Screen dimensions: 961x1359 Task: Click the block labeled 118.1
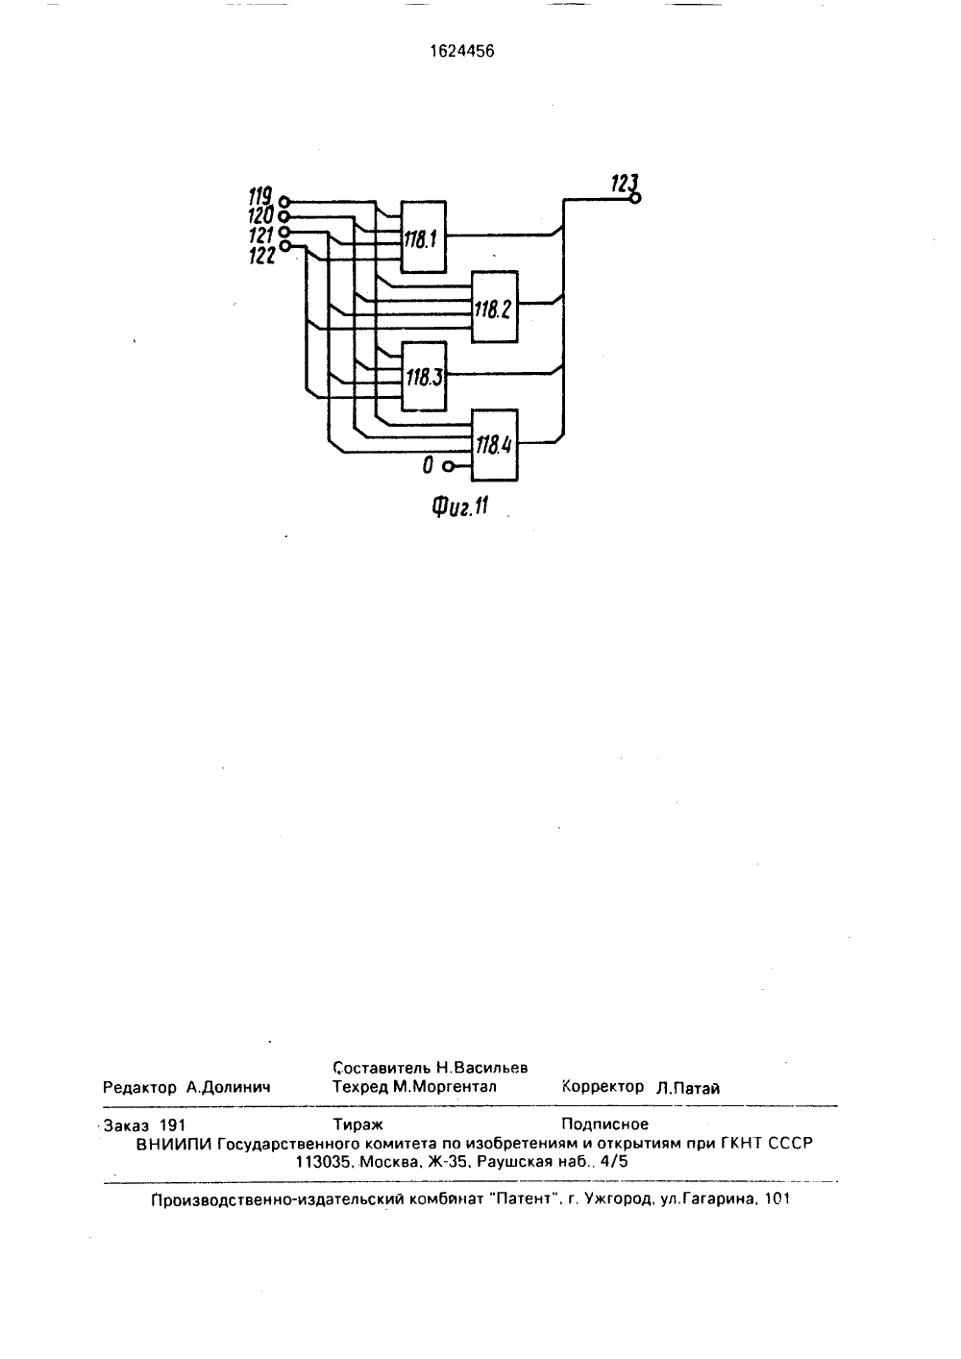click(424, 236)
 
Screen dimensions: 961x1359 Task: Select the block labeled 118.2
click(495, 307)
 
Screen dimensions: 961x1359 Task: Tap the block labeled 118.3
click(424, 376)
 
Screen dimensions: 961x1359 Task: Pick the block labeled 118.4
click(495, 445)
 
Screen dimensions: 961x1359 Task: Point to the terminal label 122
click(262, 257)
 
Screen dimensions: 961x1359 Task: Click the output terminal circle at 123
click(634, 198)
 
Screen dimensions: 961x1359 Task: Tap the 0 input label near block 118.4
click(428, 466)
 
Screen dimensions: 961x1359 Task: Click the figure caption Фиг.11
click(460, 506)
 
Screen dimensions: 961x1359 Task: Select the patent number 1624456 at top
click(462, 52)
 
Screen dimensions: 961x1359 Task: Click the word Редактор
click(139, 1087)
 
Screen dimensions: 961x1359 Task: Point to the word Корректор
click(604, 1086)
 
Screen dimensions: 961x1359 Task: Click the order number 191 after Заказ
click(172, 1125)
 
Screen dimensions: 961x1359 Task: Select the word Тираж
click(357, 1124)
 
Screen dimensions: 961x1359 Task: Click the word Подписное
click(604, 1124)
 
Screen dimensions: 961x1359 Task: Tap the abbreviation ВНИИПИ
click(174, 1144)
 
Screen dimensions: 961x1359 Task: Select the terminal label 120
click(261, 215)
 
